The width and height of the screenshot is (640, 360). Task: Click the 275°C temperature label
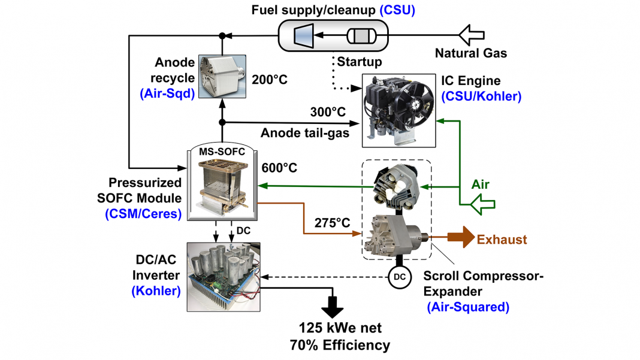pos(333,222)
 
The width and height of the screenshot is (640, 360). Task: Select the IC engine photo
pos(400,111)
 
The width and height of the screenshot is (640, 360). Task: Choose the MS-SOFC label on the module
pos(222,152)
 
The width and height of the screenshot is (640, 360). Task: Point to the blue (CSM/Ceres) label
pos(143,213)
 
